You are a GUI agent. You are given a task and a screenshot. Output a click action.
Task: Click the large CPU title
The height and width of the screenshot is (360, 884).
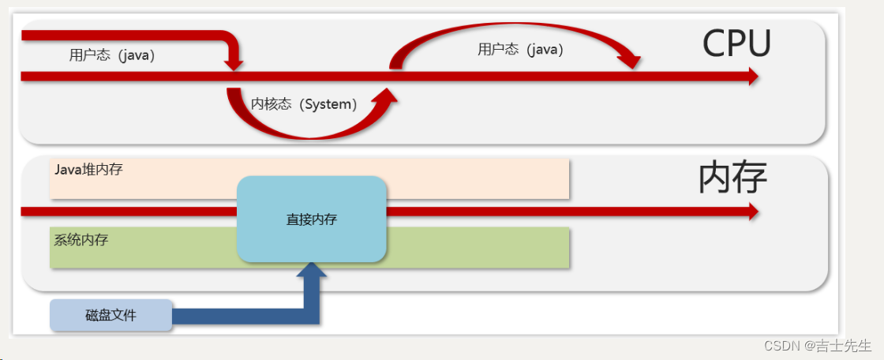pos(736,44)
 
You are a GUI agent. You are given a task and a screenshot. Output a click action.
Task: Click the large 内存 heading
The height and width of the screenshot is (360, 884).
pos(732,178)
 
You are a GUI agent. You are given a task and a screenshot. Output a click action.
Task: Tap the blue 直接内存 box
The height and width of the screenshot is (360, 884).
pos(312,219)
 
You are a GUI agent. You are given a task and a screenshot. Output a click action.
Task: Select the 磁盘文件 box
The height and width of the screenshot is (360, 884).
pos(111,316)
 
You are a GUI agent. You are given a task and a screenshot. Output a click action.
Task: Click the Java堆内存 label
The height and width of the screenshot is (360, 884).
pos(88,169)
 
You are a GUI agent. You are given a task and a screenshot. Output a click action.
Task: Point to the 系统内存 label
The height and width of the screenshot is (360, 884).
pos(81,240)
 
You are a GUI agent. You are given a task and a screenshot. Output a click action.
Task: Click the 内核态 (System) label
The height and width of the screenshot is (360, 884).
pos(304,104)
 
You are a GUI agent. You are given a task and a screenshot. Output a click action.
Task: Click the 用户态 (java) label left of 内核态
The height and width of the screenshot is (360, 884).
pos(112,55)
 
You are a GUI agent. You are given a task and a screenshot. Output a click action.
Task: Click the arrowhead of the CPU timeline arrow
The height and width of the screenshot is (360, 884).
pos(751,76)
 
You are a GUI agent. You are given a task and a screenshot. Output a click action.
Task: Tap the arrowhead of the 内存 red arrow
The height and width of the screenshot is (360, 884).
pos(751,212)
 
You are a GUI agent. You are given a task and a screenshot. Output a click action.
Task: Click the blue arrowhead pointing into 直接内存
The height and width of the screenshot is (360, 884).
pos(311,270)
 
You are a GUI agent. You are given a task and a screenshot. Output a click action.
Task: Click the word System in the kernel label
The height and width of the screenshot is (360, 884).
pos(327,104)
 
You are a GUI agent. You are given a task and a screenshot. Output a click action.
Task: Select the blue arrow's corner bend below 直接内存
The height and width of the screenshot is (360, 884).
pos(311,316)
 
